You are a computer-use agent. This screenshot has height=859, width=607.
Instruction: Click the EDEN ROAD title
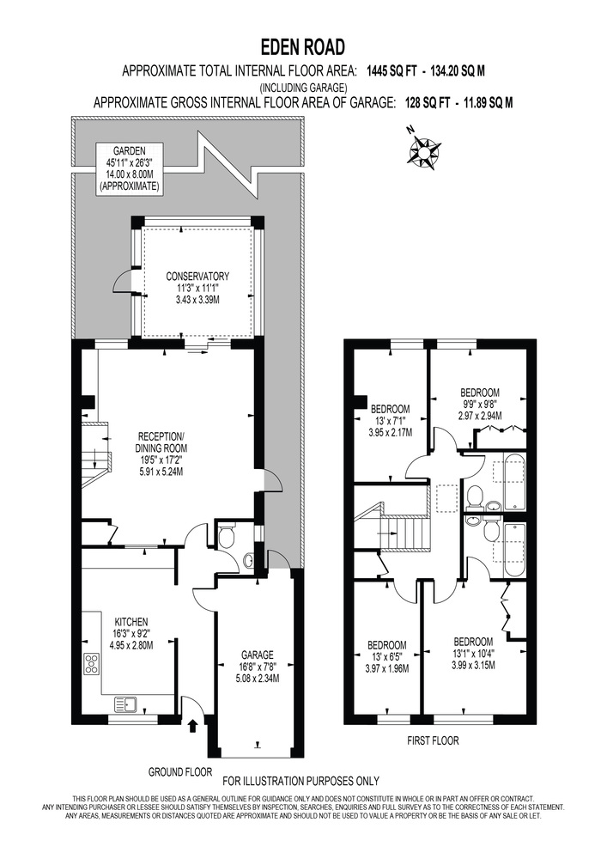coord(303,47)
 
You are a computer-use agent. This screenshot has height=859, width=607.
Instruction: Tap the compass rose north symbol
coord(422,149)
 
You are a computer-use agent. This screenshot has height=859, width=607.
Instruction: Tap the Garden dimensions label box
coord(130,168)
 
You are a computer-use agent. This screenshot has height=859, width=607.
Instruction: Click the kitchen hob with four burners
coord(92,664)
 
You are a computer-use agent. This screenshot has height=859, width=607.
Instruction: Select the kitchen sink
coord(126,704)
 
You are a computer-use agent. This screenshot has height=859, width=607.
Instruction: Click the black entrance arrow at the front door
coord(192,727)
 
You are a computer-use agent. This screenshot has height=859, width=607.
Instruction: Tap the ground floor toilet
coord(226,536)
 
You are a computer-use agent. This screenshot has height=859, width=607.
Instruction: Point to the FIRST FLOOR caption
coord(433,740)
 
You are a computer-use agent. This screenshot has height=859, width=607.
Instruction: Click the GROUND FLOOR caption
coord(180,772)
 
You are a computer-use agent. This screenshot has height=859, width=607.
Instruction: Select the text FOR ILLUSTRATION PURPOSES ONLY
coord(301,781)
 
